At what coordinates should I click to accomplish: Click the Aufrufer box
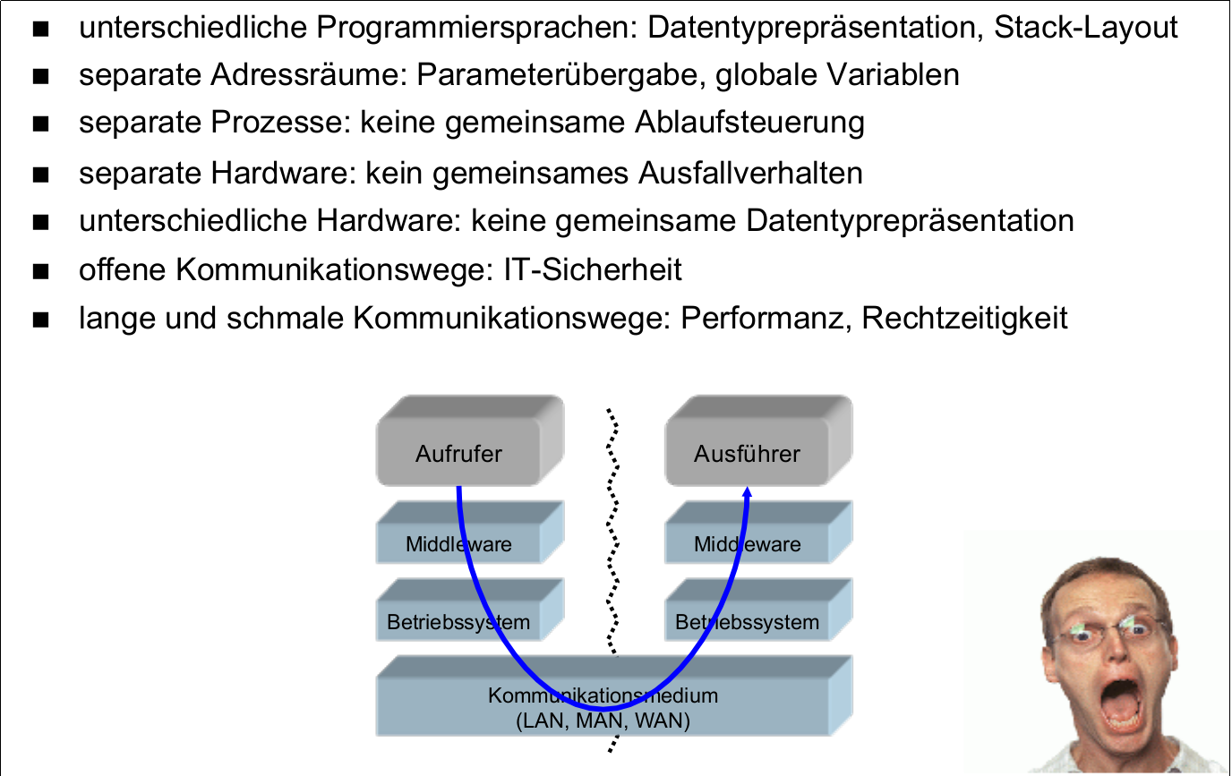459,454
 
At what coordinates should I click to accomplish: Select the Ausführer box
747,454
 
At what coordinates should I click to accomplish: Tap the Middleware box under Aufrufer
459,544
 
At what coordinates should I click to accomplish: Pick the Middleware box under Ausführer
747,544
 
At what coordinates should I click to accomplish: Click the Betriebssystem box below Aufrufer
458,622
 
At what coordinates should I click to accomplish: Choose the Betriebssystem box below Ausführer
747,622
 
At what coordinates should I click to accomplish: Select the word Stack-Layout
1086,28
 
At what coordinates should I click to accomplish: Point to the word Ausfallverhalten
750,173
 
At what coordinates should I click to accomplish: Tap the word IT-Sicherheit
587,269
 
